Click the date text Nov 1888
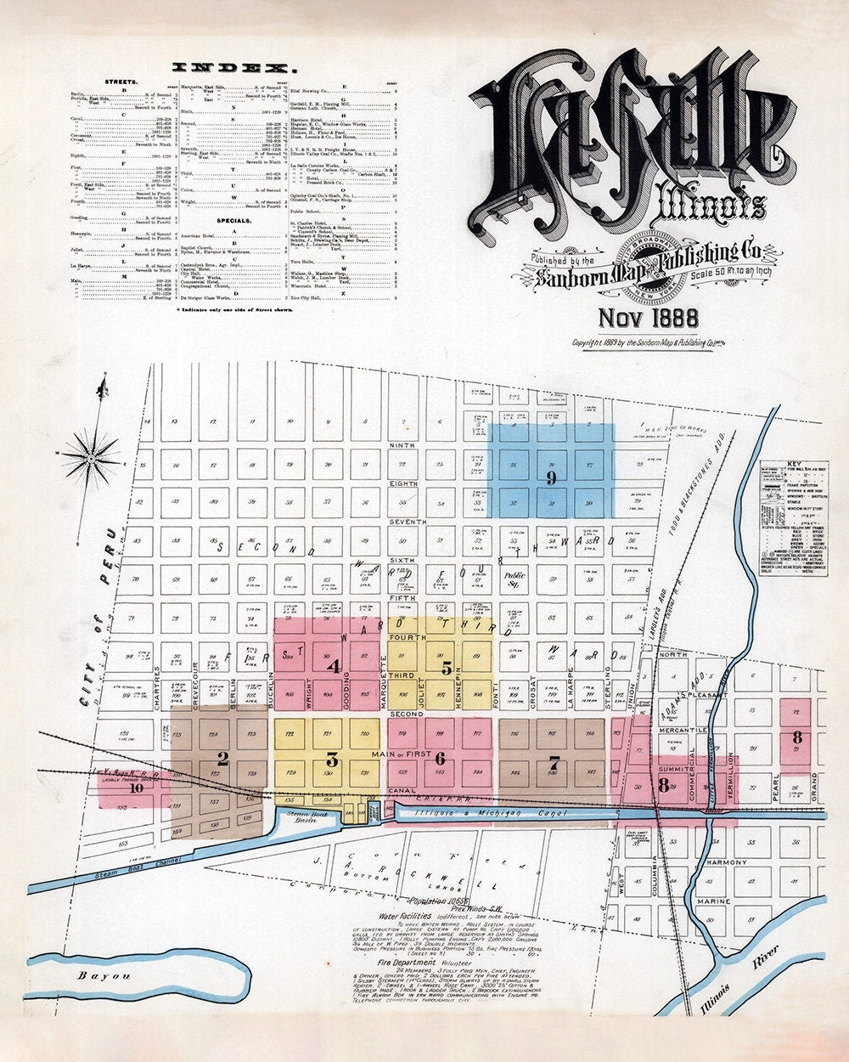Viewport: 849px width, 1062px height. point(649,317)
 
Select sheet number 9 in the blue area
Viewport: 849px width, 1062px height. point(551,478)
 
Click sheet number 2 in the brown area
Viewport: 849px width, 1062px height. point(222,758)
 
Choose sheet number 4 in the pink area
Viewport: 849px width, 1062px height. point(335,667)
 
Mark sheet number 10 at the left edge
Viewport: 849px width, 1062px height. point(136,787)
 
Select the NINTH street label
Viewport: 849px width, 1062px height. point(401,444)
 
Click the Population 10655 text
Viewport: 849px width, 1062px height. point(437,900)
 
